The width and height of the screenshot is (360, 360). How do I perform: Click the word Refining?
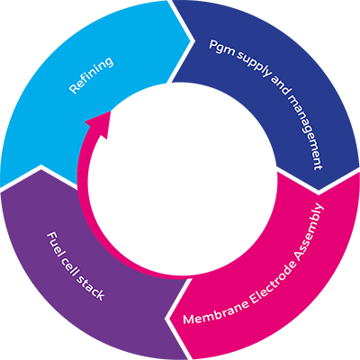91,75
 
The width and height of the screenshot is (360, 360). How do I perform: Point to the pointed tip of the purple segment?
40,168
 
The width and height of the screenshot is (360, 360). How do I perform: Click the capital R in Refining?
74,88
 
